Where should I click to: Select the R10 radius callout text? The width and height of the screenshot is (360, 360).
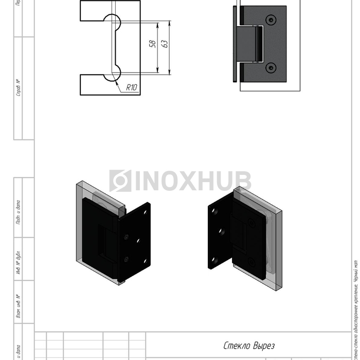tap(132, 88)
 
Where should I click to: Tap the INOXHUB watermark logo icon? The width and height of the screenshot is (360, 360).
tap(120, 181)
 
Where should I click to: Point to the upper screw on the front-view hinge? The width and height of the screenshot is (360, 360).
tap(271, 20)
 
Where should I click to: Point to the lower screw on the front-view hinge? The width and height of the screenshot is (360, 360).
tap(271, 67)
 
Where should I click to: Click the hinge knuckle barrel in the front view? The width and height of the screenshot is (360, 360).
tap(249, 44)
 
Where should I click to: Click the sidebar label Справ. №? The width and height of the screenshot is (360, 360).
tap(19, 88)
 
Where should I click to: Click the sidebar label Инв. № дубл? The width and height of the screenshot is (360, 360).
tap(19, 263)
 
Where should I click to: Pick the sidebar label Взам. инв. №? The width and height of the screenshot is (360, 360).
tap(19, 306)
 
